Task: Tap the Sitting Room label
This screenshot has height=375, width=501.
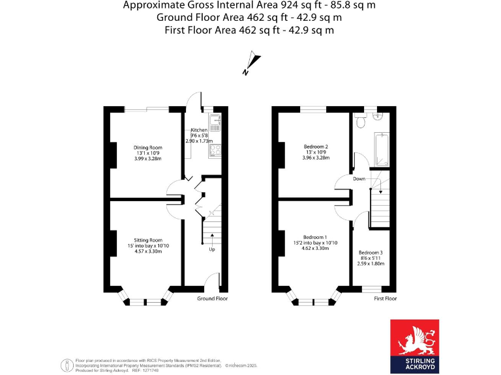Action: tap(148, 240)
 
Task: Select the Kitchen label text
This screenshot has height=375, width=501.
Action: tap(199, 130)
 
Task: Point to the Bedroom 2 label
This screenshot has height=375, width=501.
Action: tap(316, 146)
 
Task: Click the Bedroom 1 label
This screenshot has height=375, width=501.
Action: tap(316, 237)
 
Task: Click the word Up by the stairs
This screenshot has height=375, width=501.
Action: tap(212, 249)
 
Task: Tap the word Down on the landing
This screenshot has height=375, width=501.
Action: tap(359, 178)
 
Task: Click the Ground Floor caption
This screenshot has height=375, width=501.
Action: tap(213, 299)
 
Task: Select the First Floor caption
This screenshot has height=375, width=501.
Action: tap(385, 299)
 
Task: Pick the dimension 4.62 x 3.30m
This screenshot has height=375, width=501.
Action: tap(316, 249)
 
